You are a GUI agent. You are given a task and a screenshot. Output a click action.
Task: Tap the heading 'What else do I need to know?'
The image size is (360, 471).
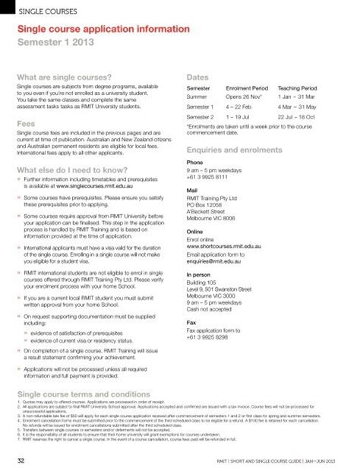[71, 171]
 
